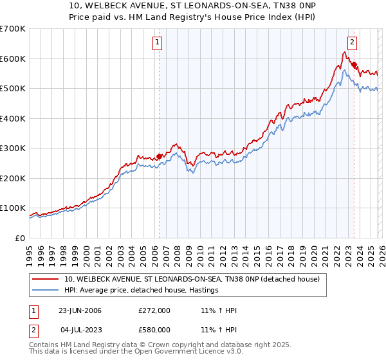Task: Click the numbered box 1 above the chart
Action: (x=158, y=43)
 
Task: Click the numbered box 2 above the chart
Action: (x=353, y=43)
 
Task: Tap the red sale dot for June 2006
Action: (x=160, y=156)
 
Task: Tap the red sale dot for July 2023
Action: (x=354, y=64)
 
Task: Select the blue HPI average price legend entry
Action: (x=142, y=291)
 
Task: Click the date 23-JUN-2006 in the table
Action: (x=80, y=310)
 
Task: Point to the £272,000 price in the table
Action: (x=154, y=310)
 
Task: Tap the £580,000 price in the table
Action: (x=154, y=330)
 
